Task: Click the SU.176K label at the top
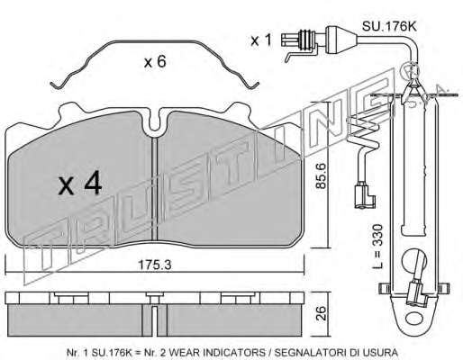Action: point(389,26)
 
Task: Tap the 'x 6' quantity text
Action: point(155,62)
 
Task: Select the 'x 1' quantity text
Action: point(261,40)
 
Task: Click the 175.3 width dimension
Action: point(154,265)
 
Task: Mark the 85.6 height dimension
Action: point(322,175)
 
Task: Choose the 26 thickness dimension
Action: point(322,313)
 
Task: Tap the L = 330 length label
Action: point(378,247)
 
